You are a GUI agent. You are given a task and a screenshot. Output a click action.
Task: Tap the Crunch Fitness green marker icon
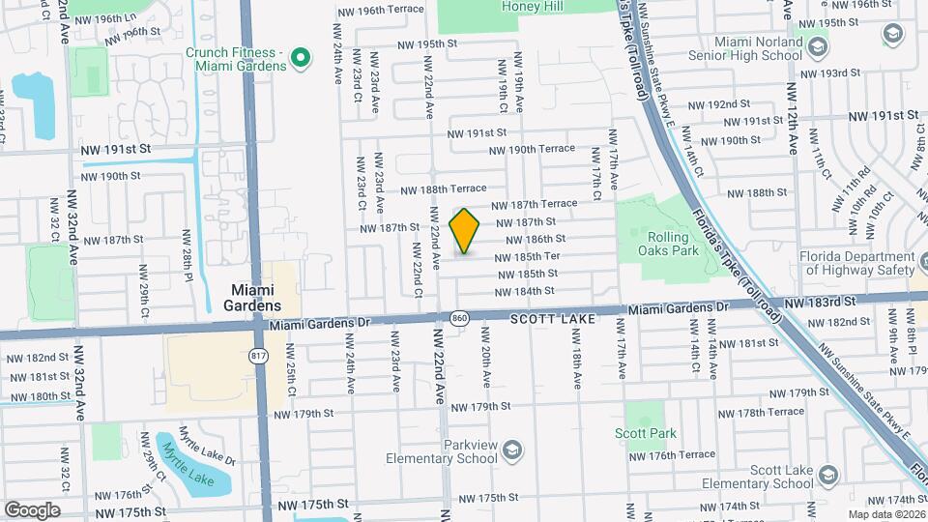tap(300, 58)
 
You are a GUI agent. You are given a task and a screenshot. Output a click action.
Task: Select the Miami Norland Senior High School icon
tap(818, 47)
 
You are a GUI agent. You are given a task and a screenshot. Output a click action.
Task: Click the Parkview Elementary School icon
tap(512, 450)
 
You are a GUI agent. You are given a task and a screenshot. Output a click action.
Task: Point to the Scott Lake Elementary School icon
tap(826, 476)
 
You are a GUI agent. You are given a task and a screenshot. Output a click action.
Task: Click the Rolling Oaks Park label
tap(668, 243)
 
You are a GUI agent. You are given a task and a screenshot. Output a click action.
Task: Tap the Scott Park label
tap(646, 434)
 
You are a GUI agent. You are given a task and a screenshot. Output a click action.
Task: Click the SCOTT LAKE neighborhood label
tap(547, 316)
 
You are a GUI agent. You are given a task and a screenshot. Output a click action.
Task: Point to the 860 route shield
tap(460, 317)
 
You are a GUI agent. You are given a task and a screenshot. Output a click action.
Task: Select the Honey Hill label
tap(532, 7)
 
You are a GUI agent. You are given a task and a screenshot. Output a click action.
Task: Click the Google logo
tap(32, 509)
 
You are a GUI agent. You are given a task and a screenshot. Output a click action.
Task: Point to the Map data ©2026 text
tap(886, 514)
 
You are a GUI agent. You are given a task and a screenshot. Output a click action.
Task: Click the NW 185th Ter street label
tap(528, 257)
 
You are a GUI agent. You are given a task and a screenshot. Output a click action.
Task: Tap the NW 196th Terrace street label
tap(381, 10)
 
